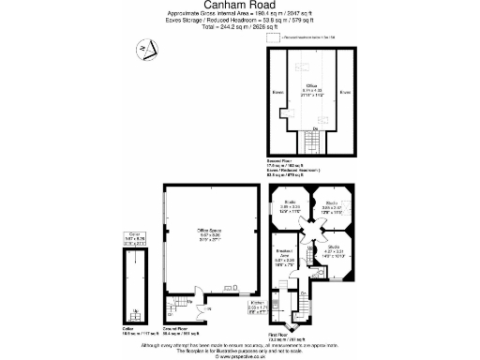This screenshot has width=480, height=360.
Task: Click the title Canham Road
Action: (x=240, y=7)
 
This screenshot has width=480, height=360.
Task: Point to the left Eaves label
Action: (x=277, y=93)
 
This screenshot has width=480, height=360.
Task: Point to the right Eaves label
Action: (x=345, y=93)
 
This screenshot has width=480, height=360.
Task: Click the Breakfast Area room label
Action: (x=285, y=258)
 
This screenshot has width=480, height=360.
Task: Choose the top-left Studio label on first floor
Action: (x=291, y=205)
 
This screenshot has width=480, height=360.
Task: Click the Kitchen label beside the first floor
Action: (x=257, y=306)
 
